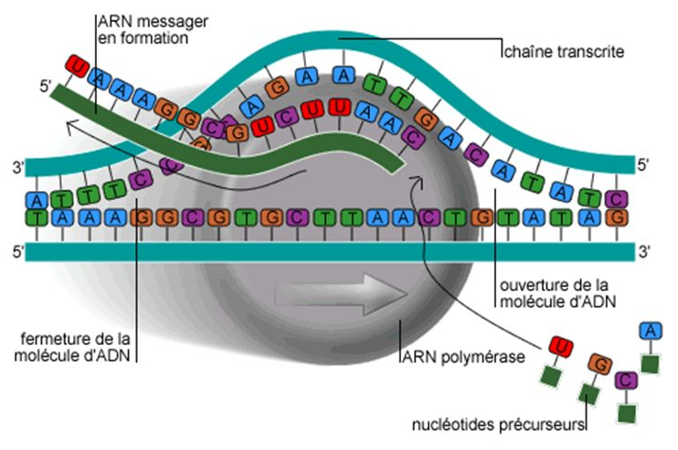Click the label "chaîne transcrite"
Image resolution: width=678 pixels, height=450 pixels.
coord(563,53)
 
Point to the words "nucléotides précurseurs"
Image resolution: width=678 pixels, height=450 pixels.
coord(498,424)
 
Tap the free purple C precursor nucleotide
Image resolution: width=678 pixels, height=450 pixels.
coord(626,380)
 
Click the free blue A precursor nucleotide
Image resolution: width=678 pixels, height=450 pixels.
coord(650,330)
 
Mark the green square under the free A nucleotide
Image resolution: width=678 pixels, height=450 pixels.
coord(650,364)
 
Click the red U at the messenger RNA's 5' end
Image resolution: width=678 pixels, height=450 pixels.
coord(79,68)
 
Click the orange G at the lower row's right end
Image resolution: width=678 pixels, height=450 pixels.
coord(619,218)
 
